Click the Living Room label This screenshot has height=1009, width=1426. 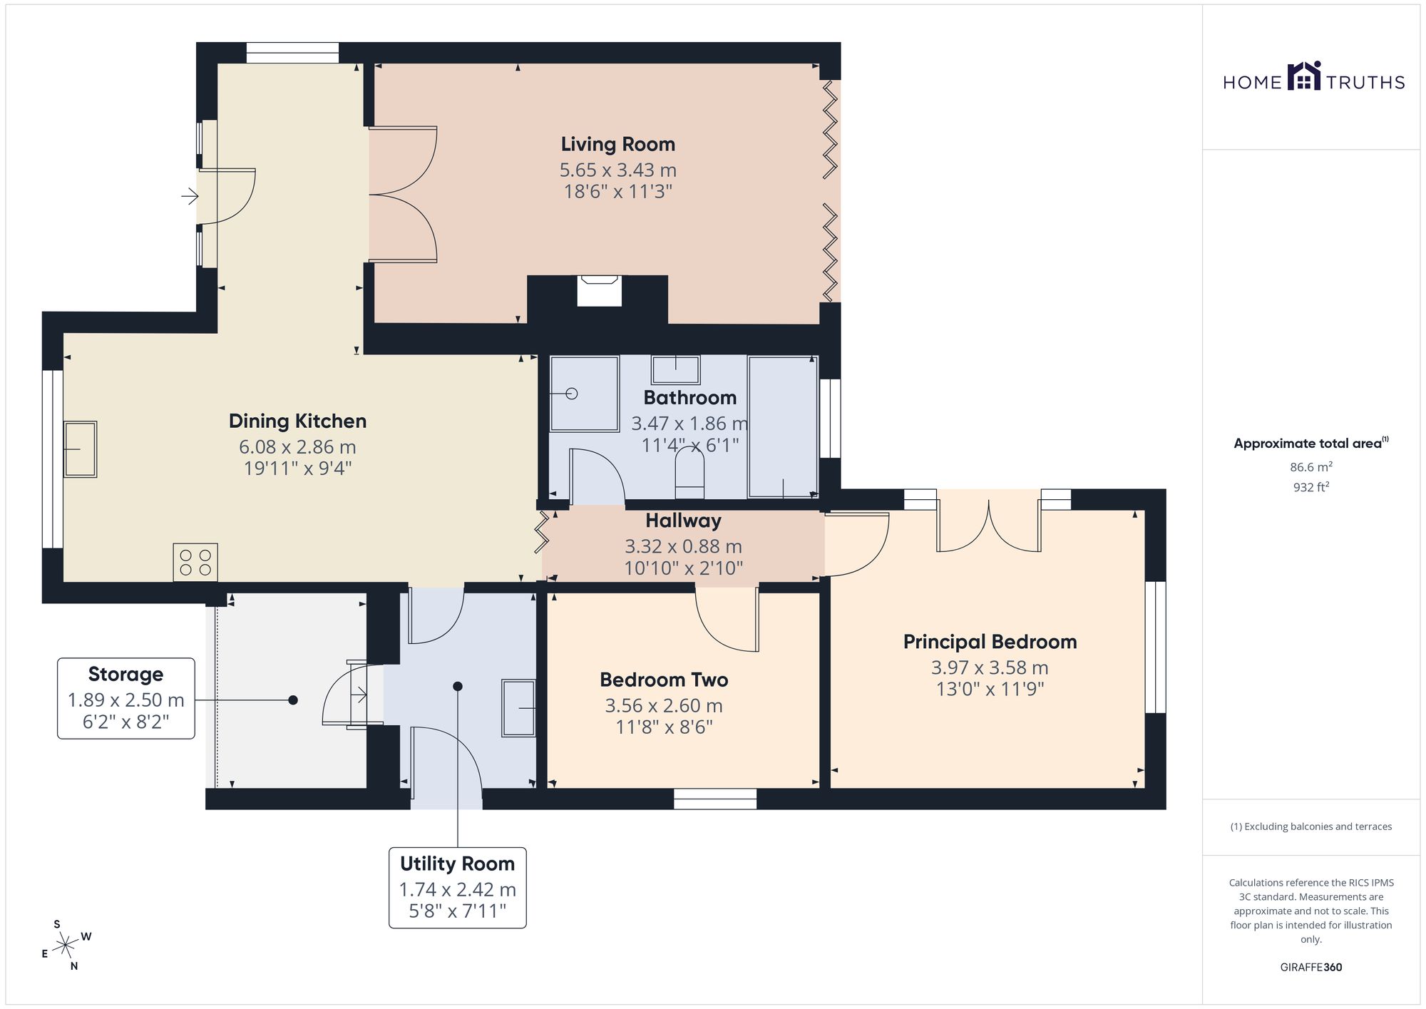click(617, 144)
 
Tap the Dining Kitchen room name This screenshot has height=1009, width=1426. click(297, 421)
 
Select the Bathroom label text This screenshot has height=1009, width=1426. click(689, 397)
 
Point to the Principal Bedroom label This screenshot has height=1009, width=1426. click(990, 642)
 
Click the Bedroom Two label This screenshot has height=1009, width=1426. click(664, 680)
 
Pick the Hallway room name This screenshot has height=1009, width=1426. click(683, 521)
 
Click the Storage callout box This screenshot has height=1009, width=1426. click(126, 698)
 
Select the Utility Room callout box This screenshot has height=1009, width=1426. click(458, 888)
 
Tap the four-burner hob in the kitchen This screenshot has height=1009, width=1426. click(195, 563)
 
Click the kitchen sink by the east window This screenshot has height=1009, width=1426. click(80, 449)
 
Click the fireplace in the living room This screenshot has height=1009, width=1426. click(599, 291)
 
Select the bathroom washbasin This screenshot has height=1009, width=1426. click(675, 369)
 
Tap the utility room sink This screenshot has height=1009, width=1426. click(518, 707)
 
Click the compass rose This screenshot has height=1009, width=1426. click(66, 946)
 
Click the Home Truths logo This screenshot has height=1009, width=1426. click(1313, 77)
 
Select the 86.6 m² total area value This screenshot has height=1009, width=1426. click(1310, 467)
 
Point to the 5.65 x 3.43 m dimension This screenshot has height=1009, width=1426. click(617, 170)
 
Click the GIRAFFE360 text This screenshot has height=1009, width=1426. click(1310, 968)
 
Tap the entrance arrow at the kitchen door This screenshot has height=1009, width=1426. click(190, 195)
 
